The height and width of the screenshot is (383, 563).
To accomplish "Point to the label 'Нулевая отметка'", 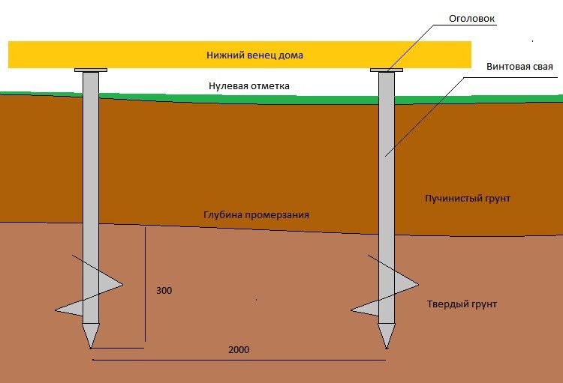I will pos(248,86).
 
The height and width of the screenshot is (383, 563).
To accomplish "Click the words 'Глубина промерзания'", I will pos(256,214).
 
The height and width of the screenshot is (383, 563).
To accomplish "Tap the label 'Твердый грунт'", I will pos(462,304).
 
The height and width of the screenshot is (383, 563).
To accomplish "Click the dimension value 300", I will pos(164,289).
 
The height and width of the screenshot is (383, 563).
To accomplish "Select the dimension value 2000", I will pos(238,350).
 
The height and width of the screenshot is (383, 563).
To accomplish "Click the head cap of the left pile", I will pos(90,70).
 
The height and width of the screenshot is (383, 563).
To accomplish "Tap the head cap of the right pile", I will pos(387,70).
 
